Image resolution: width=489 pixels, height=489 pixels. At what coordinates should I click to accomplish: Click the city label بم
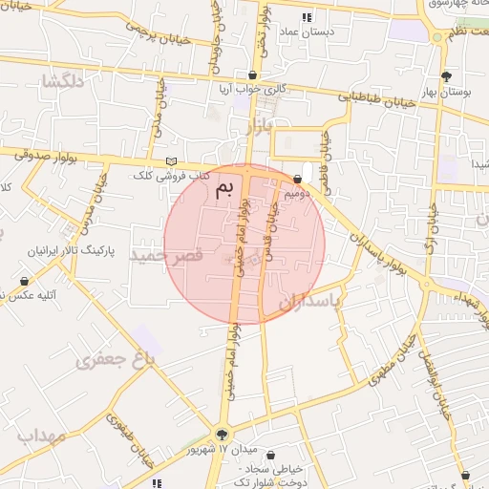pos(225,186)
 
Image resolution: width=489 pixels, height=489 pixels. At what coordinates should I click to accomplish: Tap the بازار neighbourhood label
pos(255,125)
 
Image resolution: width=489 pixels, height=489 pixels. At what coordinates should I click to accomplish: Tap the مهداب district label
pos(40,436)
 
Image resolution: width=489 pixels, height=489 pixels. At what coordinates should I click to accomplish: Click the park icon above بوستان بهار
pos(446,76)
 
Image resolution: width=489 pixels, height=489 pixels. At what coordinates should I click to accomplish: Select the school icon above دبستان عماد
pos(306,17)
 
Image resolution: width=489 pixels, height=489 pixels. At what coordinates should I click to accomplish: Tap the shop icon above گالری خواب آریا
pos(252,74)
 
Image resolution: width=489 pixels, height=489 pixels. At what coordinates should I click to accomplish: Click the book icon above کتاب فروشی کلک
pos(172,160)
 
